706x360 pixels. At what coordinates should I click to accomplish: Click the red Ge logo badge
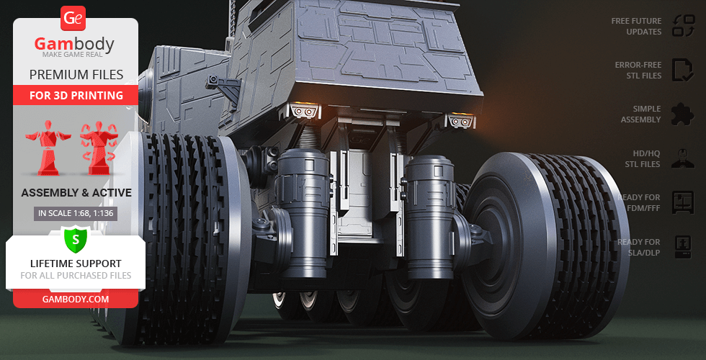pyautogui.click(x=73, y=19)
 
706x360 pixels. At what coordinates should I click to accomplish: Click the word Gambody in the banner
pyautogui.click(x=74, y=44)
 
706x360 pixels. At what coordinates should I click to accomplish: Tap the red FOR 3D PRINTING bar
pyautogui.click(x=76, y=95)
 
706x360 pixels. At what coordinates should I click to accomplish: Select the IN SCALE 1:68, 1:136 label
pyautogui.click(x=76, y=213)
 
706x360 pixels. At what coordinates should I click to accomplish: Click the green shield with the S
pyautogui.click(x=76, y=239)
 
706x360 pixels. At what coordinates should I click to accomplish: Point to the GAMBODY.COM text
pyautogui.click(x=76, y=299)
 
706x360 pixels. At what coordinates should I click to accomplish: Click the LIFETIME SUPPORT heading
pyautogui.click(x=76, y=264)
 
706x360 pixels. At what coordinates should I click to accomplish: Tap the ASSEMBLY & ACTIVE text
pyautogui.click(x=76, y=193)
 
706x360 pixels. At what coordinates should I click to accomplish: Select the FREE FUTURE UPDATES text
pyautogui.click(x=636, y=26)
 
